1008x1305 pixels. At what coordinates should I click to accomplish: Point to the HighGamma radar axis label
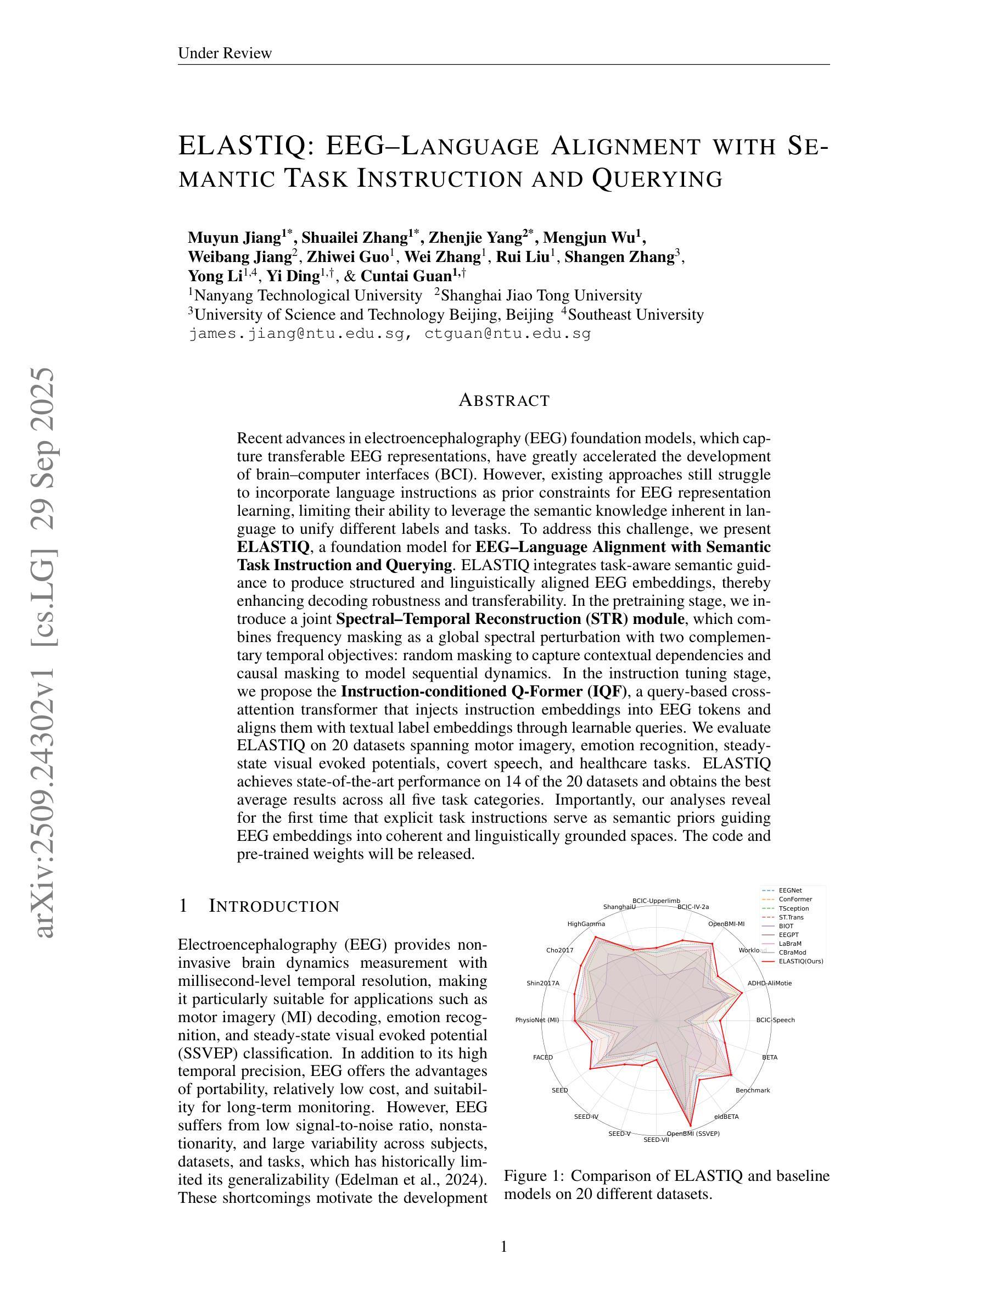click(x=586, y=924)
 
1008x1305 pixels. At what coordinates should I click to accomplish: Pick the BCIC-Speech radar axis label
click(x=775, y=1020)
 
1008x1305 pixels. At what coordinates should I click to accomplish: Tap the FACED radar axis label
click(x=543, y=1057)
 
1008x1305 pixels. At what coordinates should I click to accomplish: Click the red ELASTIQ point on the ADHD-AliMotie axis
click(x=742, y=992)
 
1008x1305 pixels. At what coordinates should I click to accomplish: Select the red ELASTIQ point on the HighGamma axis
click(x=595, y=938)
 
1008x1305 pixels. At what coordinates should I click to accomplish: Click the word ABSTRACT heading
click(x=504, y=401)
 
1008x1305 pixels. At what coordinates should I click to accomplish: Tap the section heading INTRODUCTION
click(x=273, y=906)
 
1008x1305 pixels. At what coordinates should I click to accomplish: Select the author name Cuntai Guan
click(x=406, y=276)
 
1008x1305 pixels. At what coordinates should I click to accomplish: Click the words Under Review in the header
click(x=225, y=53)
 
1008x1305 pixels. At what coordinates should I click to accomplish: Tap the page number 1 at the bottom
click(x=503, y=1246)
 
